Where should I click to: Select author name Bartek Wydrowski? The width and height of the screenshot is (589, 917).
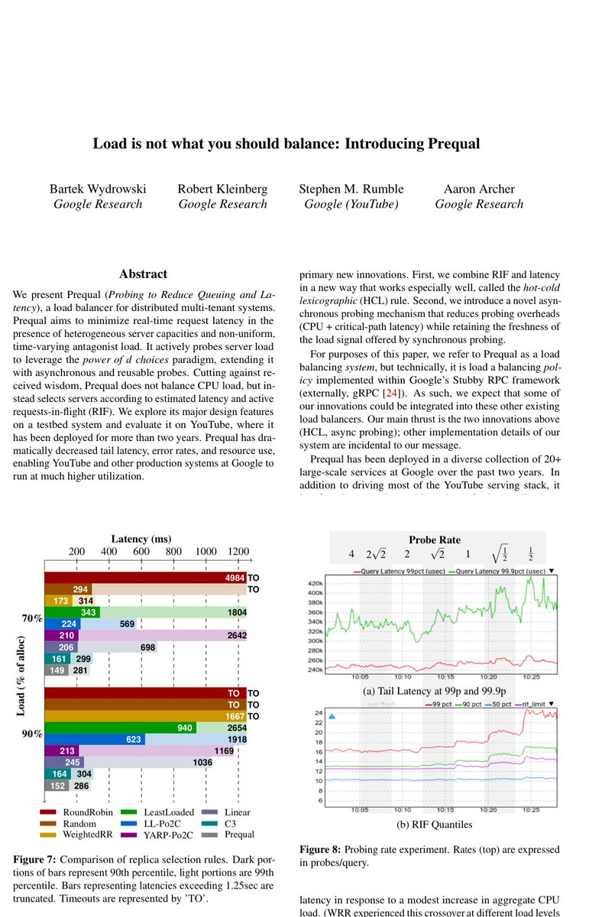[98, 189]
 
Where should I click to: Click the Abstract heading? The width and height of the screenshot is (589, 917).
[143, 274]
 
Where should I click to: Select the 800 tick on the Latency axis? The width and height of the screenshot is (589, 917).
[173, 552]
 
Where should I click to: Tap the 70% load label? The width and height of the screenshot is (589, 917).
[31, 617]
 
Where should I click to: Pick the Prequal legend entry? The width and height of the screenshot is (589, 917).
[240, 835]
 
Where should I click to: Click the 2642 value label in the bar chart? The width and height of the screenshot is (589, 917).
[230, 635]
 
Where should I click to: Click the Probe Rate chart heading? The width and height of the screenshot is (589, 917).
[434, 540]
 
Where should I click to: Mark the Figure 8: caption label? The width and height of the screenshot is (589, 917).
[320, 850]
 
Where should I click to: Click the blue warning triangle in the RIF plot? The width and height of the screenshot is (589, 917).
[332, 716]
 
